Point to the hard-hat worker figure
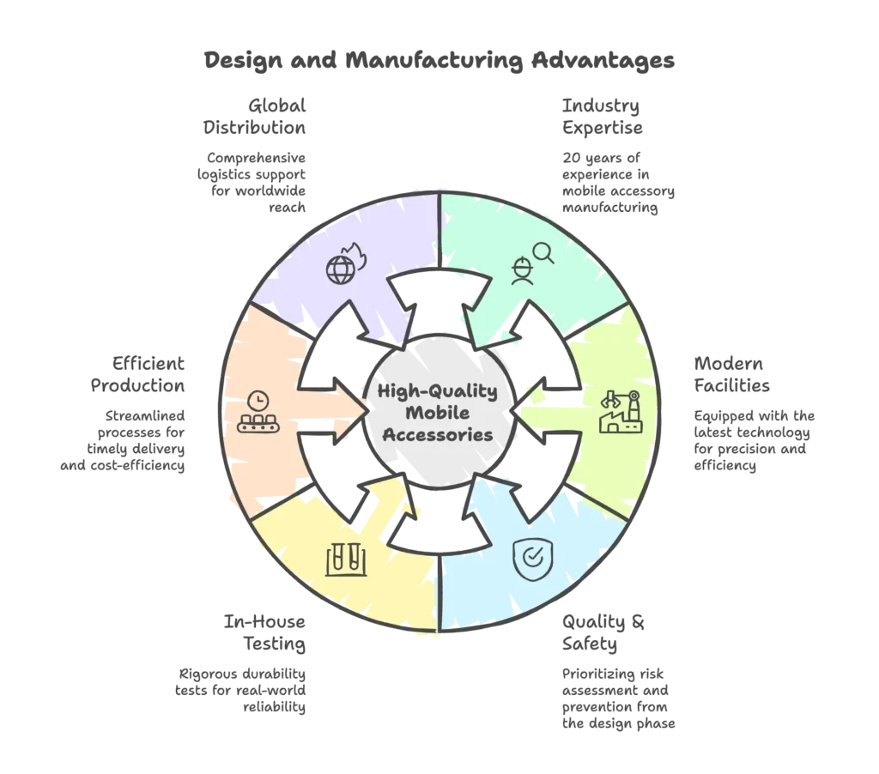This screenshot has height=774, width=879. (521, 271)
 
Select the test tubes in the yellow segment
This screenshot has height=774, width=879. (346, 559)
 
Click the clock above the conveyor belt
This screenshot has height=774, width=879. (256, 400)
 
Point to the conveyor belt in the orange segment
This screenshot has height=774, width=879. (256, 422)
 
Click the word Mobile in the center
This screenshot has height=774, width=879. (438, 413)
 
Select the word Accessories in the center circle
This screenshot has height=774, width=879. (438, 434)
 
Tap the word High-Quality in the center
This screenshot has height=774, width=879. (438, 391)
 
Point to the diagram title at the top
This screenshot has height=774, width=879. (439, 61)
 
